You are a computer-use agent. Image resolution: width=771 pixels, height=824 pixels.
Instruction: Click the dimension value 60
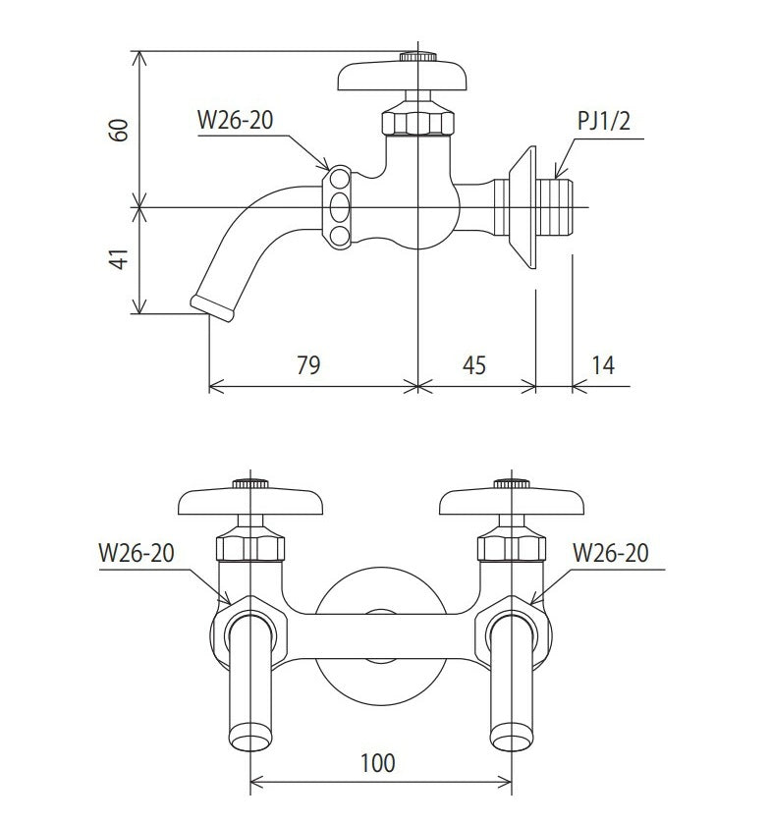(119, 131)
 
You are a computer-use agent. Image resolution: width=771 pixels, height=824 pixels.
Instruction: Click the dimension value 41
(119, 259)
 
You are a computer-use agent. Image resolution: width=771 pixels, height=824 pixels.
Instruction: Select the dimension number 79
(308, 365)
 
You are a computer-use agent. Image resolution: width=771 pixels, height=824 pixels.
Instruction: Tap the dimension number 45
(474, 365)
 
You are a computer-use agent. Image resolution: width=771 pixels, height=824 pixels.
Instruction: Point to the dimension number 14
(603, 365)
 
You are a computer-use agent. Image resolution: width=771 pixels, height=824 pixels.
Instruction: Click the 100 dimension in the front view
(378, 763)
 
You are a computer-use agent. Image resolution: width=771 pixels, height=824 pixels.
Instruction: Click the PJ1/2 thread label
(603, 121)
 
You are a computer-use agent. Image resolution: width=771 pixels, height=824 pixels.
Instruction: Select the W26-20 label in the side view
(235, 120)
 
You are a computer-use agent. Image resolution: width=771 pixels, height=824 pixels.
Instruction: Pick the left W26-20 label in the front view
(137, 553)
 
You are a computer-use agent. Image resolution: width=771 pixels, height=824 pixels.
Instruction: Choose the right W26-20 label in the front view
(610, 553)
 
